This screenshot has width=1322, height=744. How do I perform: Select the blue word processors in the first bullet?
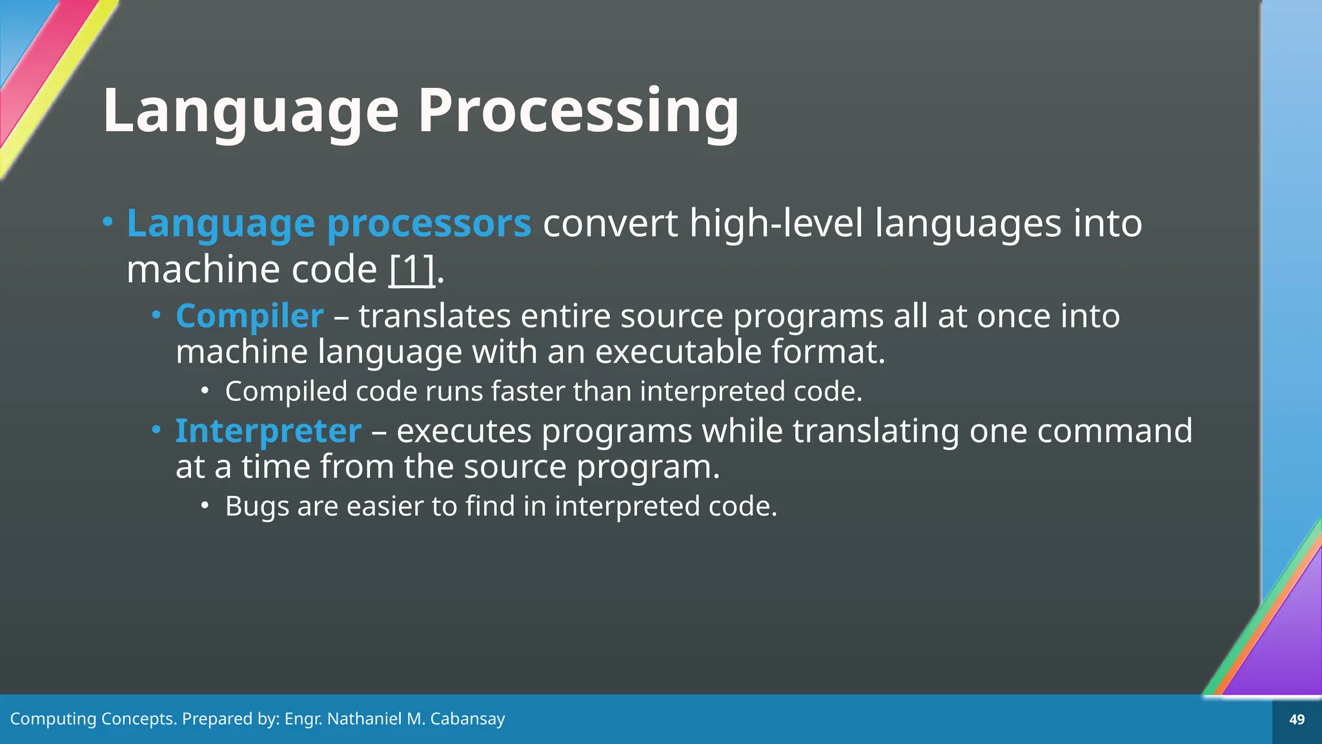click(x=429, y=223)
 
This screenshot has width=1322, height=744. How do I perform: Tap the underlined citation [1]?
click(x=412, y=269)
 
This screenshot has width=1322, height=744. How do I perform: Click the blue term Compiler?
click(x=249, y=316)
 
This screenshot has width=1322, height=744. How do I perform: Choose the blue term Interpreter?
click(x=268, y=431)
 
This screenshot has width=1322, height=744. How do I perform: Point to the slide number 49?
click(x=1296, y=719)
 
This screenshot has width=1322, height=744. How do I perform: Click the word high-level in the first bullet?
click(x=776, y=223)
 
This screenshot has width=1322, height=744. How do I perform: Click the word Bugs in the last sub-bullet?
click(x=256, y=506)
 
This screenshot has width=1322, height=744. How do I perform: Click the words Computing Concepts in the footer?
click(x=93, y=719)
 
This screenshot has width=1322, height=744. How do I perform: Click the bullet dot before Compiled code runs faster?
click(x=205, y=390)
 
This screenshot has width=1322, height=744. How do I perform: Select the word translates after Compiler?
click(x=434, y=316)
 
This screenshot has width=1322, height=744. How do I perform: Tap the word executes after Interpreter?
click(x=463, y=431)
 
